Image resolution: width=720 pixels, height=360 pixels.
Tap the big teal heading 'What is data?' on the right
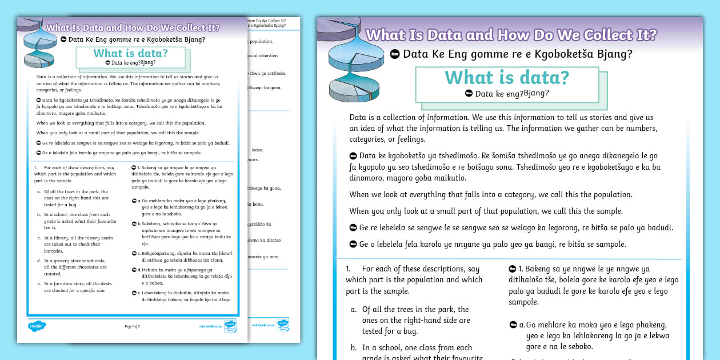(507, 77)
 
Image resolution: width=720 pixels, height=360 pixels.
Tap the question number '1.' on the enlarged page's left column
(348, 269)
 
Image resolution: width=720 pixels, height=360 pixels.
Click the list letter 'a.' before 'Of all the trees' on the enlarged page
(354, 310)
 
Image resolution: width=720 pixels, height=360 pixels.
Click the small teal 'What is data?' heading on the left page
(130, 54)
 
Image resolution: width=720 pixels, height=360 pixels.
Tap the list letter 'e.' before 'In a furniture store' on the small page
(39, 283)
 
